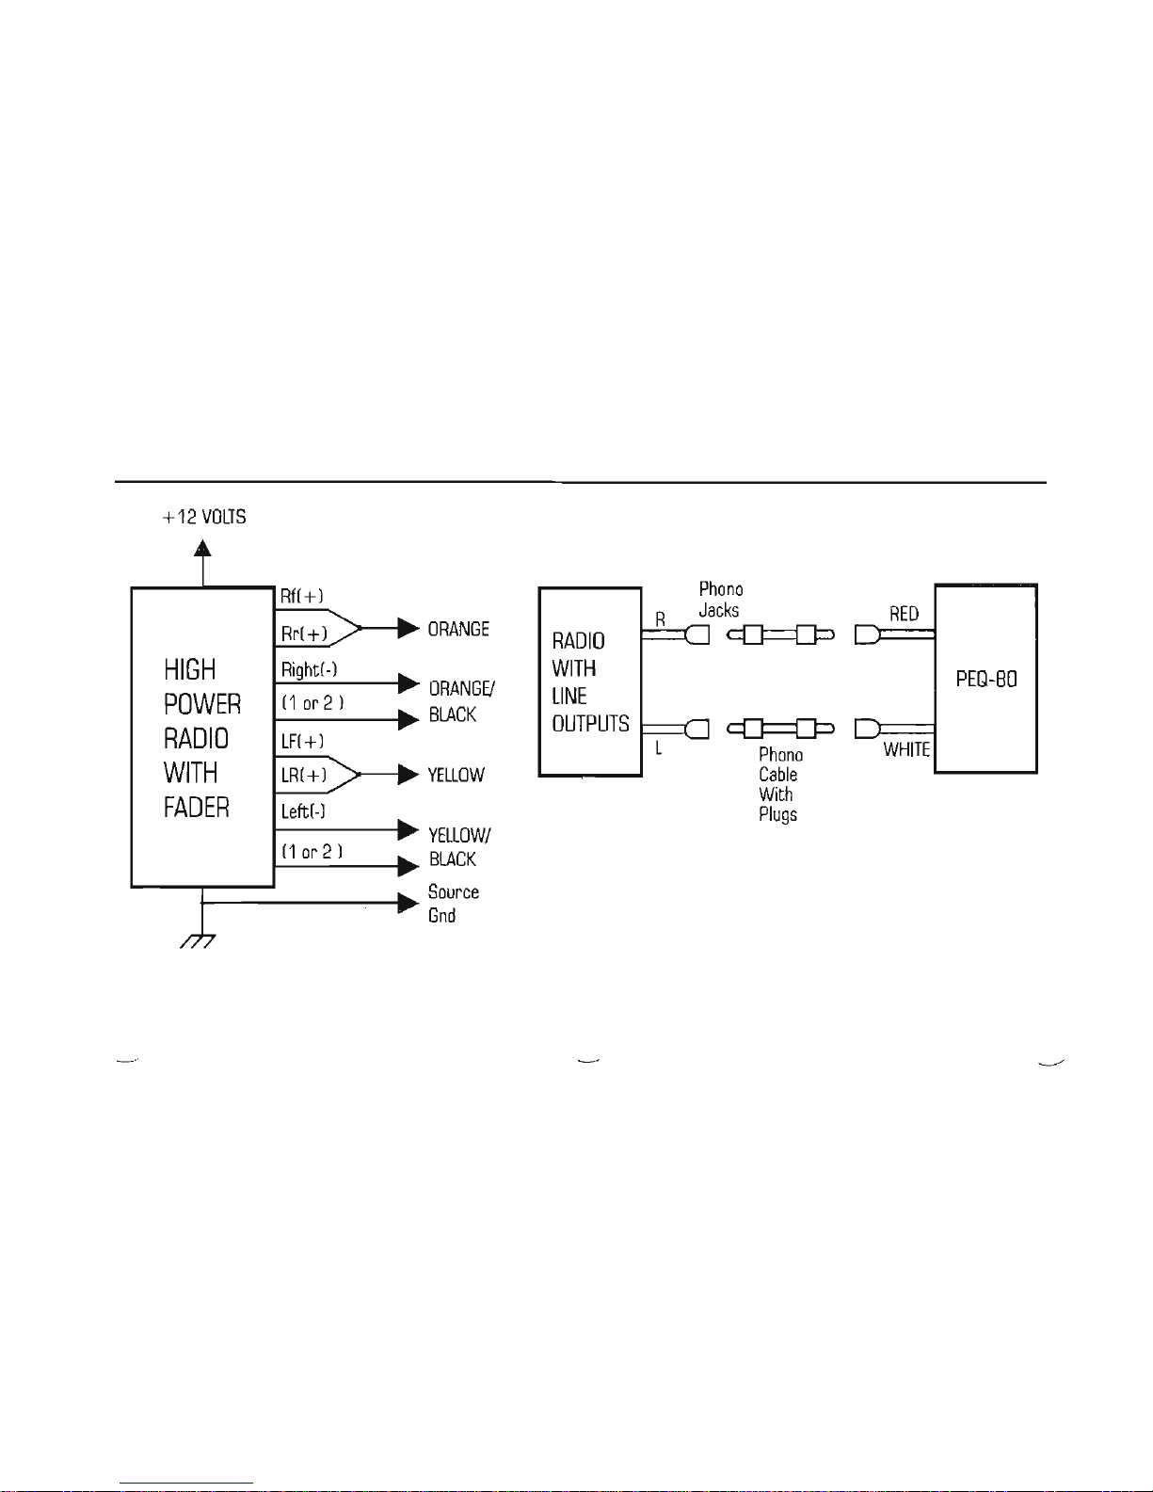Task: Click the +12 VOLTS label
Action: [x=204, y=517]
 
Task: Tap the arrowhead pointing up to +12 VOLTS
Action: [x=202, y=548]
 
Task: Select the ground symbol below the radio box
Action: [x=198, y=940]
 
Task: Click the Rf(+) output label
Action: [x=302, y=596]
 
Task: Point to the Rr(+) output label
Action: [x=304, y=634]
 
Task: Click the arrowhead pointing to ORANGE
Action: [x=408, y=628]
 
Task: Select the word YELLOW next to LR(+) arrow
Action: [x=456, y=775]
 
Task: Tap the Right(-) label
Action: [x=309, y=669]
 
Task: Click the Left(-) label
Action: [x=303, y=811]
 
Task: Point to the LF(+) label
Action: [x=302, y=742]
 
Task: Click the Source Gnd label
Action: [x=453, y=904]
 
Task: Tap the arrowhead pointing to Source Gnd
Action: [x=408, y=903]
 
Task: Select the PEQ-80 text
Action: [x=986, y=679]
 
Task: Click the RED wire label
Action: [x=904, y=614]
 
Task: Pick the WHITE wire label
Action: [x=906, y=749]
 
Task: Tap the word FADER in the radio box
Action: [x=197, y=808]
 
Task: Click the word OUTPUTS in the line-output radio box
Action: [x=590, y=724]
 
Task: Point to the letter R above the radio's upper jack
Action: [x=660, y=619]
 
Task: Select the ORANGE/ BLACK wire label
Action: [x=462, y=701]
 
